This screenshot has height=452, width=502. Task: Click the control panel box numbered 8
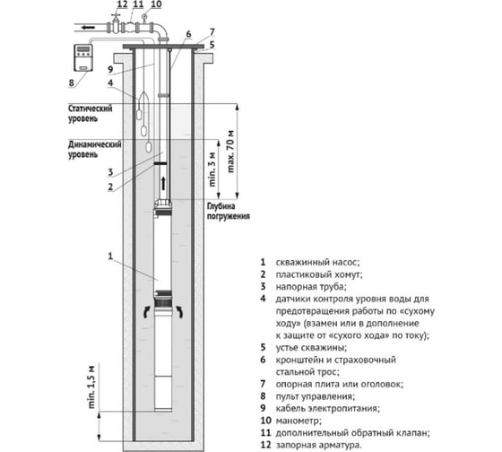83,57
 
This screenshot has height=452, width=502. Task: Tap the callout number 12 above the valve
122,4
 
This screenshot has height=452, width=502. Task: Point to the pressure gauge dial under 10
143,16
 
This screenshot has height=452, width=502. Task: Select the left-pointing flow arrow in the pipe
88,28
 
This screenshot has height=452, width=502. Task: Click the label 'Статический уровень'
90,113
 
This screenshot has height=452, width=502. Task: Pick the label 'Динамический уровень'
95,149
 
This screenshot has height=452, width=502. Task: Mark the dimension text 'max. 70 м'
230,152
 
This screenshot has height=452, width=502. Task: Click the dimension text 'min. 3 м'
212,169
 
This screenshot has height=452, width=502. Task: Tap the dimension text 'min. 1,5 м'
91,387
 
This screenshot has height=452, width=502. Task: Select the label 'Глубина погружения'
228,211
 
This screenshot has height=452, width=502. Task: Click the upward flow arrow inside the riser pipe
163,183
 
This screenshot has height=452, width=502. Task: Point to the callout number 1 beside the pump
110,256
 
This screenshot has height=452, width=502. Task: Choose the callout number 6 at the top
188,34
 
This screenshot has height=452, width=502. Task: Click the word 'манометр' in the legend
298,421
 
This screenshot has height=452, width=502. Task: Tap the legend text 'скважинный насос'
317,263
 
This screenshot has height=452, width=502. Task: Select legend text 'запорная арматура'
317,445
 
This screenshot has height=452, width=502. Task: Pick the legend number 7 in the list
263,384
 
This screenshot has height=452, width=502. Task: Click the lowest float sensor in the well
150,147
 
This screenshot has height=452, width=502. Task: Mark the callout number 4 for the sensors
110,83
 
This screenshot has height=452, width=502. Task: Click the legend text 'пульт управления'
315,396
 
